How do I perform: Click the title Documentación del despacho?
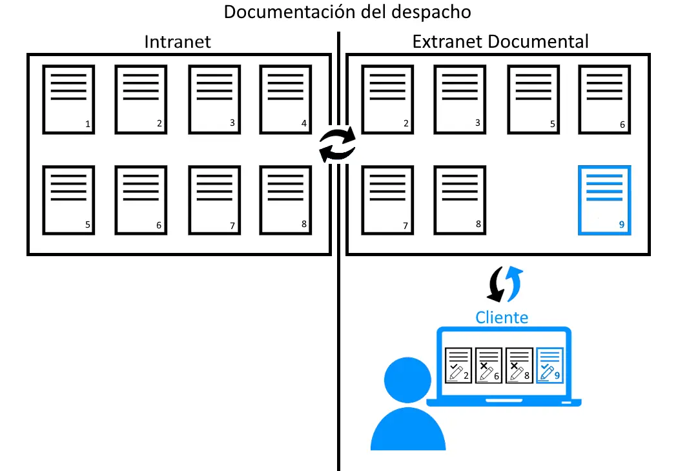[347, 12]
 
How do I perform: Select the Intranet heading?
[178, 43]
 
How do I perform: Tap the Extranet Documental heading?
[500, 43]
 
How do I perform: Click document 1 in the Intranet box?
[68, 99]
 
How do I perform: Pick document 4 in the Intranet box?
[285, 99]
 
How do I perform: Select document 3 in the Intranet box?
[214, 99]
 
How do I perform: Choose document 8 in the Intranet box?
[285, 200]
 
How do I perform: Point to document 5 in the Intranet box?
[68, 200]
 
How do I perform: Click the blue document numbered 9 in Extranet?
[604, 200]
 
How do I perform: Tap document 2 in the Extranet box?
[387, 99]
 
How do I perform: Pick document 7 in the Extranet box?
[387, 200]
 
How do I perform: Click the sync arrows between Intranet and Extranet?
[338, 143]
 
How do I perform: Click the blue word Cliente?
[502, 317]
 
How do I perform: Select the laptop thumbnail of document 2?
[458, 366]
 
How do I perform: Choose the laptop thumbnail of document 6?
[488, 366]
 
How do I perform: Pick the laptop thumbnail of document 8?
[519, 366]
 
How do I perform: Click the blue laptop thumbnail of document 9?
[550, 366]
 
